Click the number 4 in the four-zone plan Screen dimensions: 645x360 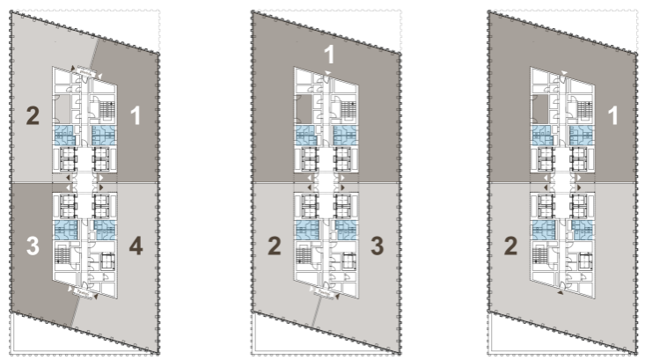click(x=136, y=246)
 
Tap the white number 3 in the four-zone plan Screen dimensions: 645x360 click(x=33, y=246)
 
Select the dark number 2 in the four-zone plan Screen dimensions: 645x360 click(x=33, y=115)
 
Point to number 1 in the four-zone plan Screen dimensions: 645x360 click(x=136, y=115)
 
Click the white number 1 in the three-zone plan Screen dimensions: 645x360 click(x=329, y=55)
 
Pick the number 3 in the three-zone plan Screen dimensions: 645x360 click(x=377, y=246)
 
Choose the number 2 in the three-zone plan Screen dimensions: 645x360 click(x=275, y=246)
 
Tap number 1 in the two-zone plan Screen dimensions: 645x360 click(x=613, y=115)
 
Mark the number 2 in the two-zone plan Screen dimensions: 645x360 click(x=511, y=246)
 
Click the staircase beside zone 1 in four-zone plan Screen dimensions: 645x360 click(x=106, y=110)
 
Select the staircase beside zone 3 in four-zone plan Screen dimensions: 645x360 click(x=62, y=254)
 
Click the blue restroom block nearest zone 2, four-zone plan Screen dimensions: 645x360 click(x=64, y=136)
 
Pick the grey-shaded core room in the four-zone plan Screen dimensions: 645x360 click(x=62, y=109)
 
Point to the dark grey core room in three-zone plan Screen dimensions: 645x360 click(x=304, y=109)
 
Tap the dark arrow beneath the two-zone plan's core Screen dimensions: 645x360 click(x=561, y=293)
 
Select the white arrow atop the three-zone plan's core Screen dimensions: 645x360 click(x=328, y=73)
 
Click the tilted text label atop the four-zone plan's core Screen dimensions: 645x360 click(x=86, y=73)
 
